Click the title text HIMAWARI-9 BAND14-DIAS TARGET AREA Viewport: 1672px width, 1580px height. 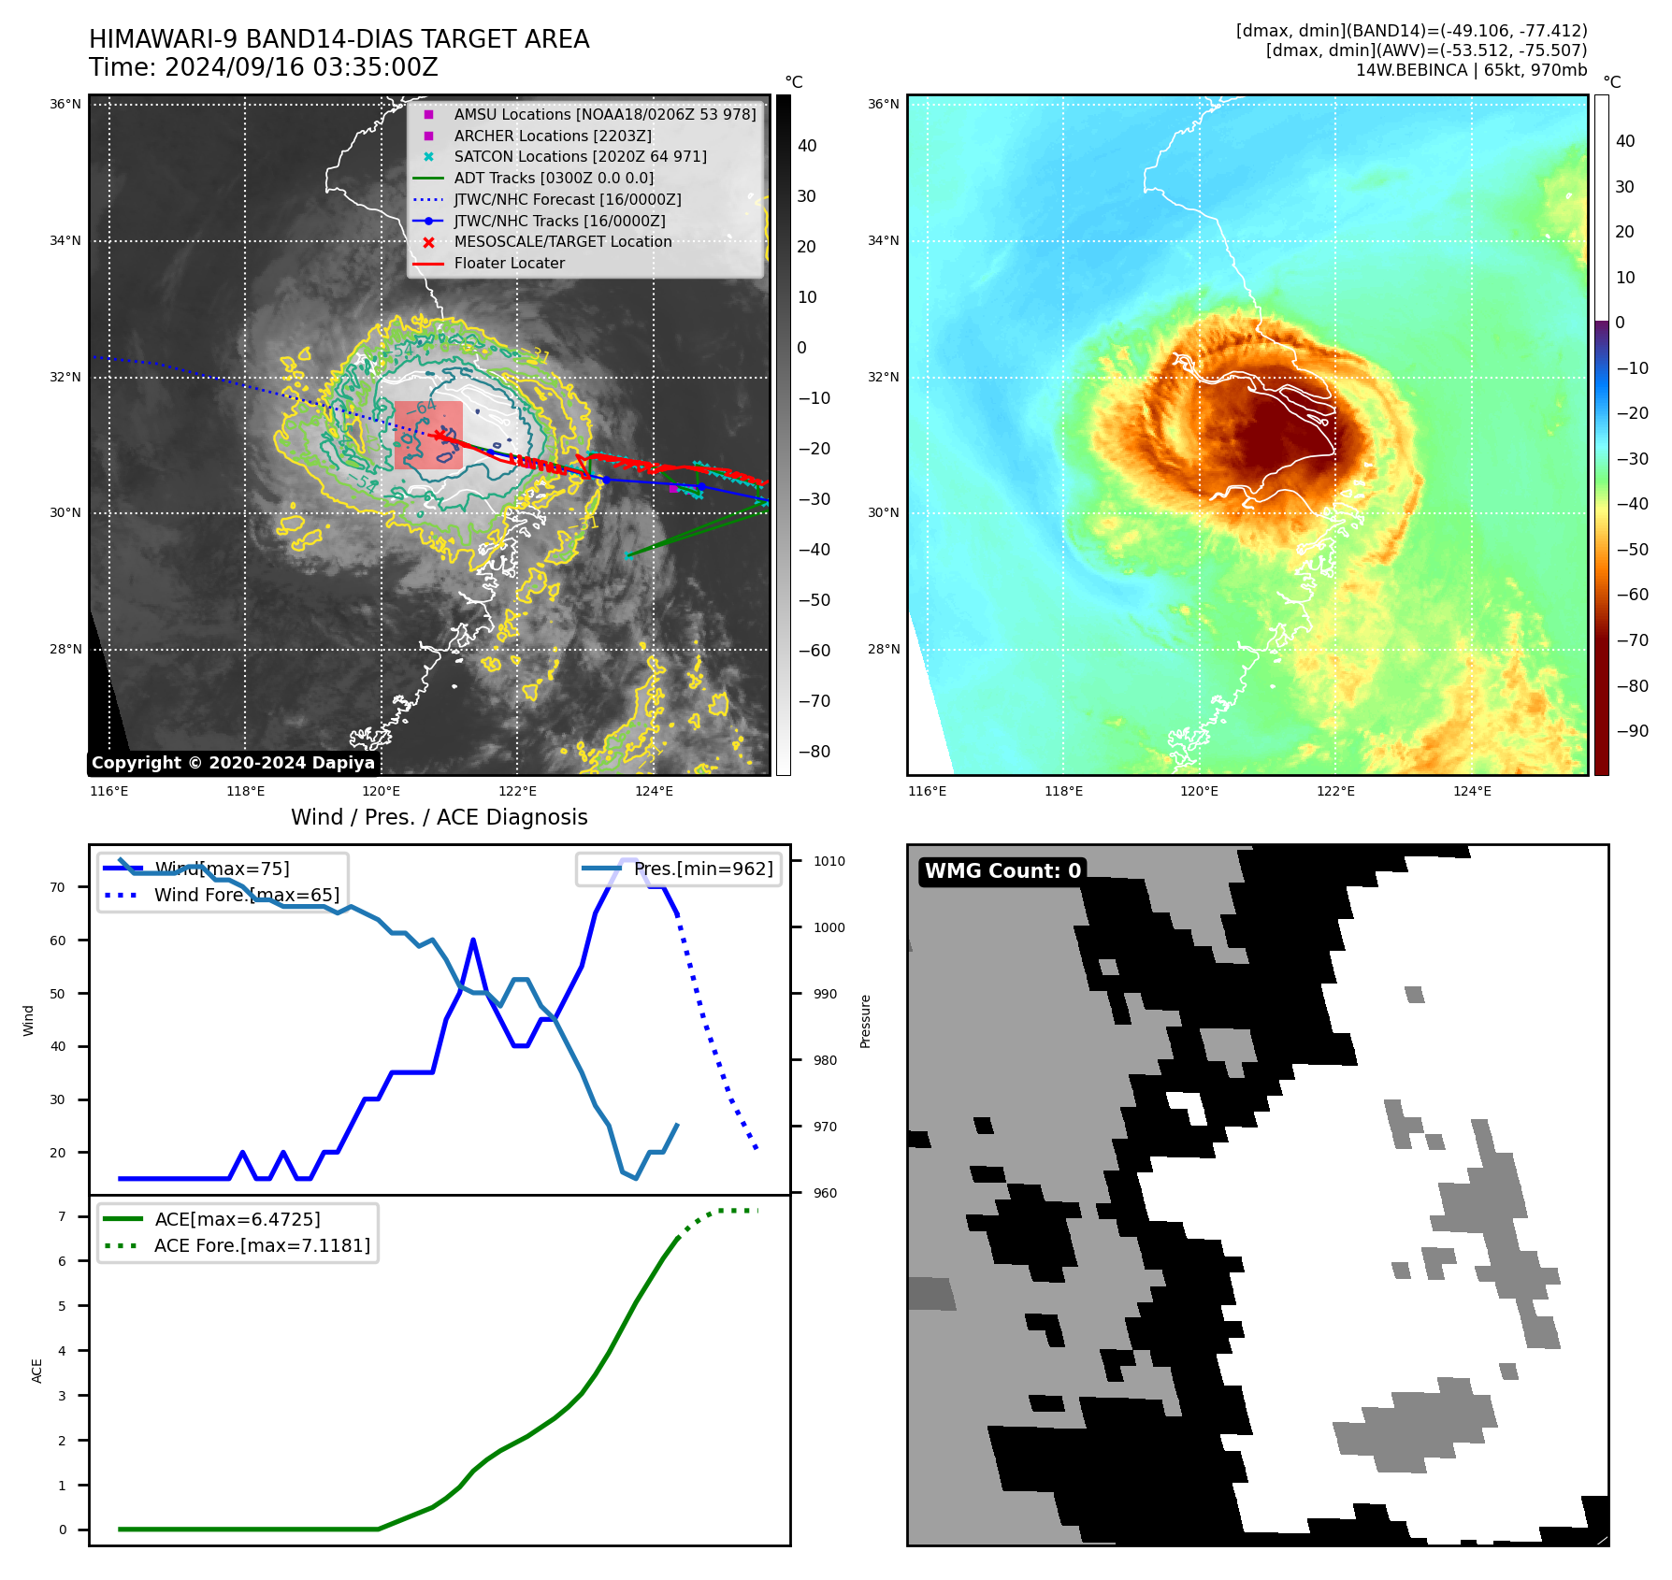pos(339,39)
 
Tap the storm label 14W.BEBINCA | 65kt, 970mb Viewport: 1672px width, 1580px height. pos(1471,70)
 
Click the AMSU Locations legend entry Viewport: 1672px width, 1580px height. pos(604,114)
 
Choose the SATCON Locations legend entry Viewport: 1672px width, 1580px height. pos(580,156)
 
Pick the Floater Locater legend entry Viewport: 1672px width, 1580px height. pos(509,263)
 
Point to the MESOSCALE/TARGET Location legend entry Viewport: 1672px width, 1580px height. pos(562,241)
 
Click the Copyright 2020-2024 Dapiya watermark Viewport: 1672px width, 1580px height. pos(233,763)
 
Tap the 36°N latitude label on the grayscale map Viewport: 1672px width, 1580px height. pos(65,104)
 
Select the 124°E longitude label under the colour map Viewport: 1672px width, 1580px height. pos(1472,791)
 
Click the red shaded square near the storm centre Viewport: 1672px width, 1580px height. pos(428,435)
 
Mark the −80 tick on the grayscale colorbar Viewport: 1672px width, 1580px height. pos(814,752)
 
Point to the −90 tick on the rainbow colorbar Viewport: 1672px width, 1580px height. pos(1632,731)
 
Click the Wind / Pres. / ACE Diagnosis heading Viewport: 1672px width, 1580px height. pos(439,817)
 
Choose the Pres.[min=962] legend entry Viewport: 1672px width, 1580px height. pos(702,869)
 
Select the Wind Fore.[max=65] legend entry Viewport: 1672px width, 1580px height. pos(246,895)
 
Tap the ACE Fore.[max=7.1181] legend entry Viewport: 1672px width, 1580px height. pos(262,1245)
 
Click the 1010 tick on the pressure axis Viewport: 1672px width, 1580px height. pos(829,861)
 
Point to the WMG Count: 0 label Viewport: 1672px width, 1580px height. pos(1002,871)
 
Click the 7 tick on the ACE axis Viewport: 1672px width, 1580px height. pos(62,1216)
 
